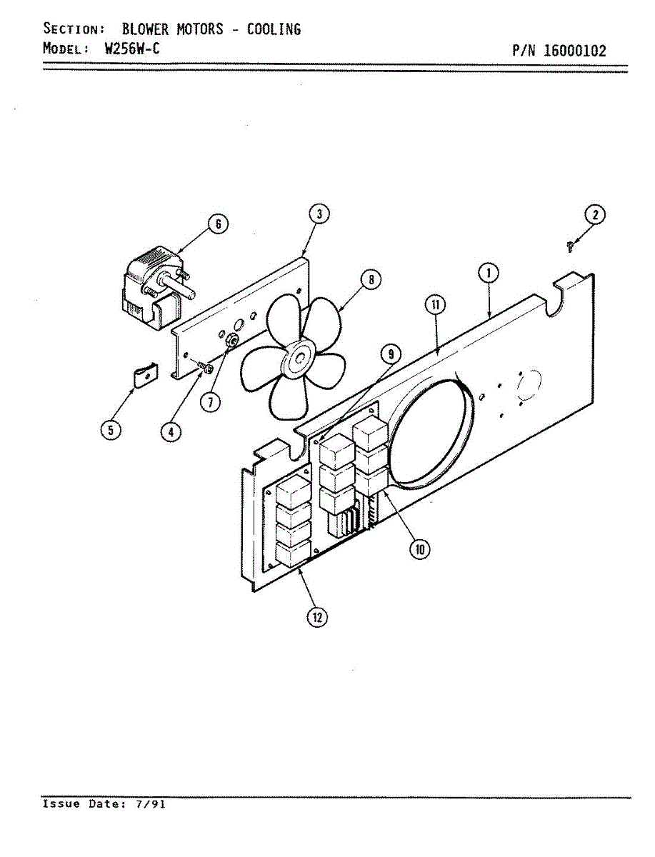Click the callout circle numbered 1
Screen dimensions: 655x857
pos(489,274)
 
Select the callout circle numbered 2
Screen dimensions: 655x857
pos(594,214)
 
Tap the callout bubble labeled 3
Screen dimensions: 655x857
pos(319,214)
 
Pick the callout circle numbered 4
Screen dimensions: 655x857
pos(171,431)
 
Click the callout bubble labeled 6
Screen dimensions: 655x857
pos(218,224)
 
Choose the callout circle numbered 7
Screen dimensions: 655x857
pos(209,402)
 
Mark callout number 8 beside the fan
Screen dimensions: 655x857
pos(371,280)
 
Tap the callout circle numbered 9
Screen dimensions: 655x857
pos(390,353)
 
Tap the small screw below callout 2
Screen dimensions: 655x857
pos(570,246)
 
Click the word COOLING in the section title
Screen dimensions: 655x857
pos(274,29)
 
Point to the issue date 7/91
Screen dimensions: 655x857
pos(150,804)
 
